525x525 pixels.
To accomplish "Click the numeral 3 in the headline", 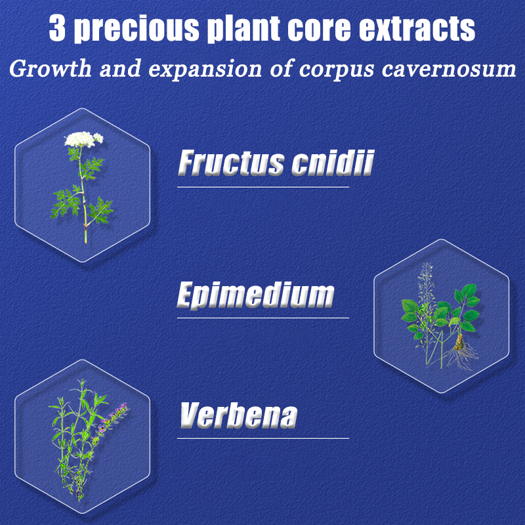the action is click(57, 28).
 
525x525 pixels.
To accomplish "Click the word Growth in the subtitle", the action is click(51, 69).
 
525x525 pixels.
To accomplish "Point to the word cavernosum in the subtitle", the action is click(449, 70).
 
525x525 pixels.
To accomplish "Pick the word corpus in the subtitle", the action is click(336, 71).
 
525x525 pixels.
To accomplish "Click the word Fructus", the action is click(231, 163).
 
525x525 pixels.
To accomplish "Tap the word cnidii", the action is click(333, 163).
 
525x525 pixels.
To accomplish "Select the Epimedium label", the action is click(255, 295).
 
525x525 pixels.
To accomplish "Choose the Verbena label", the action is click(239, 415).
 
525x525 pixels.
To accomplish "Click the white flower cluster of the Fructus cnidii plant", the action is click(83, 139).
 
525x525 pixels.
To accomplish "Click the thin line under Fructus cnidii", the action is click(263, 187).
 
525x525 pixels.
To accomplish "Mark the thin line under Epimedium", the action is click(263, 318).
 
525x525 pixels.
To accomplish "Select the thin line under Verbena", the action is click(263, 438).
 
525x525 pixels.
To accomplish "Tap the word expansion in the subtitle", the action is click(205, 70).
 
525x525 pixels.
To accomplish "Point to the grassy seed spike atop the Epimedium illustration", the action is click(425, 285).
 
